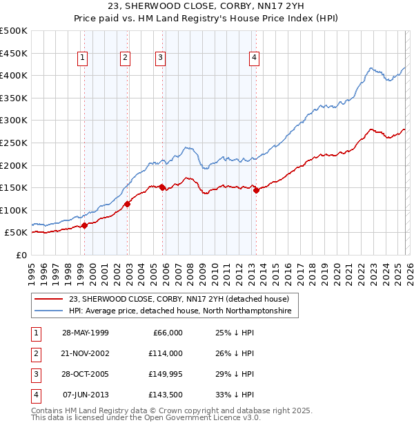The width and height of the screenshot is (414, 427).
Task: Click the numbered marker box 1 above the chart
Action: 82,59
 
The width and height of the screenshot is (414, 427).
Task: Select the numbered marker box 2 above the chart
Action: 125,59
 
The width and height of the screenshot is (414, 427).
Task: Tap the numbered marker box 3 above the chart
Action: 160,59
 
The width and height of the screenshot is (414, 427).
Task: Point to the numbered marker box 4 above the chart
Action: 254,59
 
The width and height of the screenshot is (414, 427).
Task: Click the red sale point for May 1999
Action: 84,225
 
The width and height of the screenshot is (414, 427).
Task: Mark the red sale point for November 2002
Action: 128,204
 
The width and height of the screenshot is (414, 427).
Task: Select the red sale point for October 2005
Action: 162,187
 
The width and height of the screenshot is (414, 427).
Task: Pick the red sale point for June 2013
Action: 256,191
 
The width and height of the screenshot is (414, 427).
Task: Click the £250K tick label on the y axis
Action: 14,143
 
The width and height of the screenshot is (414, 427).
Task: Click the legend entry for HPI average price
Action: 180,311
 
